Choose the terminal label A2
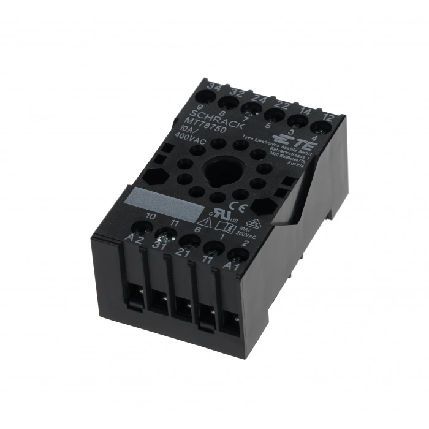click(x=134, y=238)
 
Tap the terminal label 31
click(x=160, y=246)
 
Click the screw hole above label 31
click(x=164, y=233)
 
